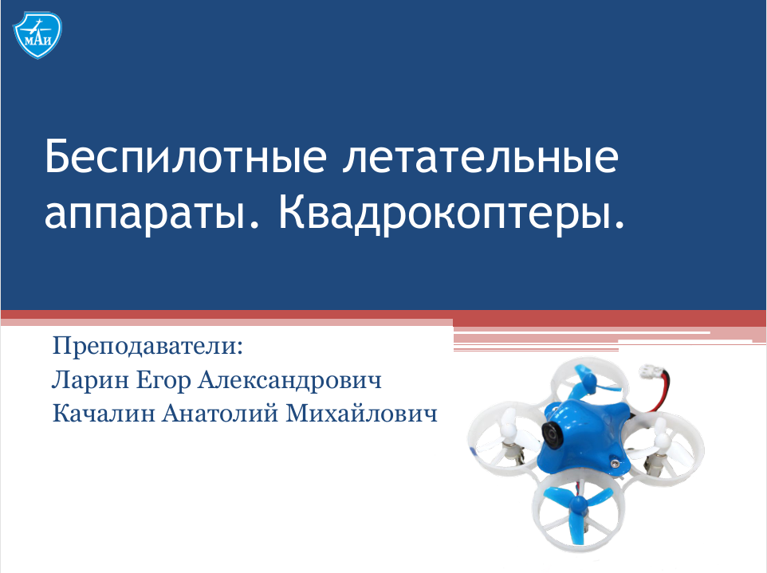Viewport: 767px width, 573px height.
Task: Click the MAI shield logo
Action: pos(37,35)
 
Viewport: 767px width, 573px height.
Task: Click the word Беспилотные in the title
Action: pos(186,156)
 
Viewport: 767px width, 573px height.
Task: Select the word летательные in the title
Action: pos(480,158)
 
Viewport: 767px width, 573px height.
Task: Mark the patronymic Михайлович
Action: pos(361,414)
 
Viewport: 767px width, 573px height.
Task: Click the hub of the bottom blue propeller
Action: pos(577,504)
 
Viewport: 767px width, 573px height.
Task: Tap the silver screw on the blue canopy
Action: pos(613,461)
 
